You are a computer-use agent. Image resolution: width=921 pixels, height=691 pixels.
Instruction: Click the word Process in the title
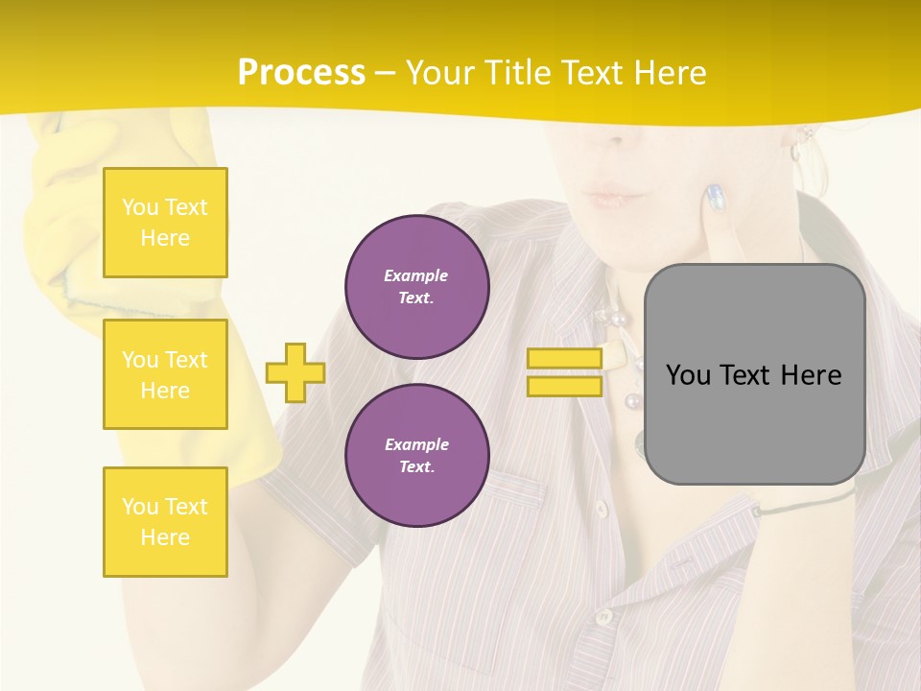[x=301, y=73]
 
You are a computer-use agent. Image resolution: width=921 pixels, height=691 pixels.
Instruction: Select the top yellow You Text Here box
[x=165, y=223]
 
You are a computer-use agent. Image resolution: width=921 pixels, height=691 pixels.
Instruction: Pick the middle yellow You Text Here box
[x=165, y=374]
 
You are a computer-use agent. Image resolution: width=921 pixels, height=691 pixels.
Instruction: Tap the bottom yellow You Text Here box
[x=165, y=521]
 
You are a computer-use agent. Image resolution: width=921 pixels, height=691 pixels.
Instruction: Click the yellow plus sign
[x=295, y=372]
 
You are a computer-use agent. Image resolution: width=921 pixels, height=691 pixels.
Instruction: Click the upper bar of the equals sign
[x=564, y=358]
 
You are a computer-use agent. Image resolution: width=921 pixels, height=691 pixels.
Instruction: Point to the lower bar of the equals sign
[x=564, y=386]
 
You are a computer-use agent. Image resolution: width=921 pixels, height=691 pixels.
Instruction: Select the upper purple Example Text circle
[x=416, y=287]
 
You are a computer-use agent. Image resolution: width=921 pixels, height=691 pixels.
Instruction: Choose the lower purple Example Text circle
[x=416, y=455]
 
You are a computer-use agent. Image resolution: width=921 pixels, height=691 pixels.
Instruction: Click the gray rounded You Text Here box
[x=754, y=374]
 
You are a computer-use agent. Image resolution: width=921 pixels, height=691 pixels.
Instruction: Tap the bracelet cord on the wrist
[x=806, y=503]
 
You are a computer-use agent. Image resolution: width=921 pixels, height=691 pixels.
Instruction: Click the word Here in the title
[x=668, y=73]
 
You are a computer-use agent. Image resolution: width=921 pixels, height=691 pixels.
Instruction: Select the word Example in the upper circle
[x=416, y=275]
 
